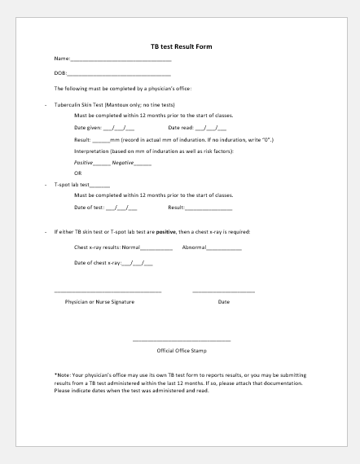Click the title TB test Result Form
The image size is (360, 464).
181,46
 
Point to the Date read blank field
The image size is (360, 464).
211,129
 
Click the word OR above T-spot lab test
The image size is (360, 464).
78,173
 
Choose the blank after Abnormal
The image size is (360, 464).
224,247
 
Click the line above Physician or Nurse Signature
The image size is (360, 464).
108,291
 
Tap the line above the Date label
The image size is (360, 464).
223,291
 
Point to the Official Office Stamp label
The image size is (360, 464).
182,351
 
